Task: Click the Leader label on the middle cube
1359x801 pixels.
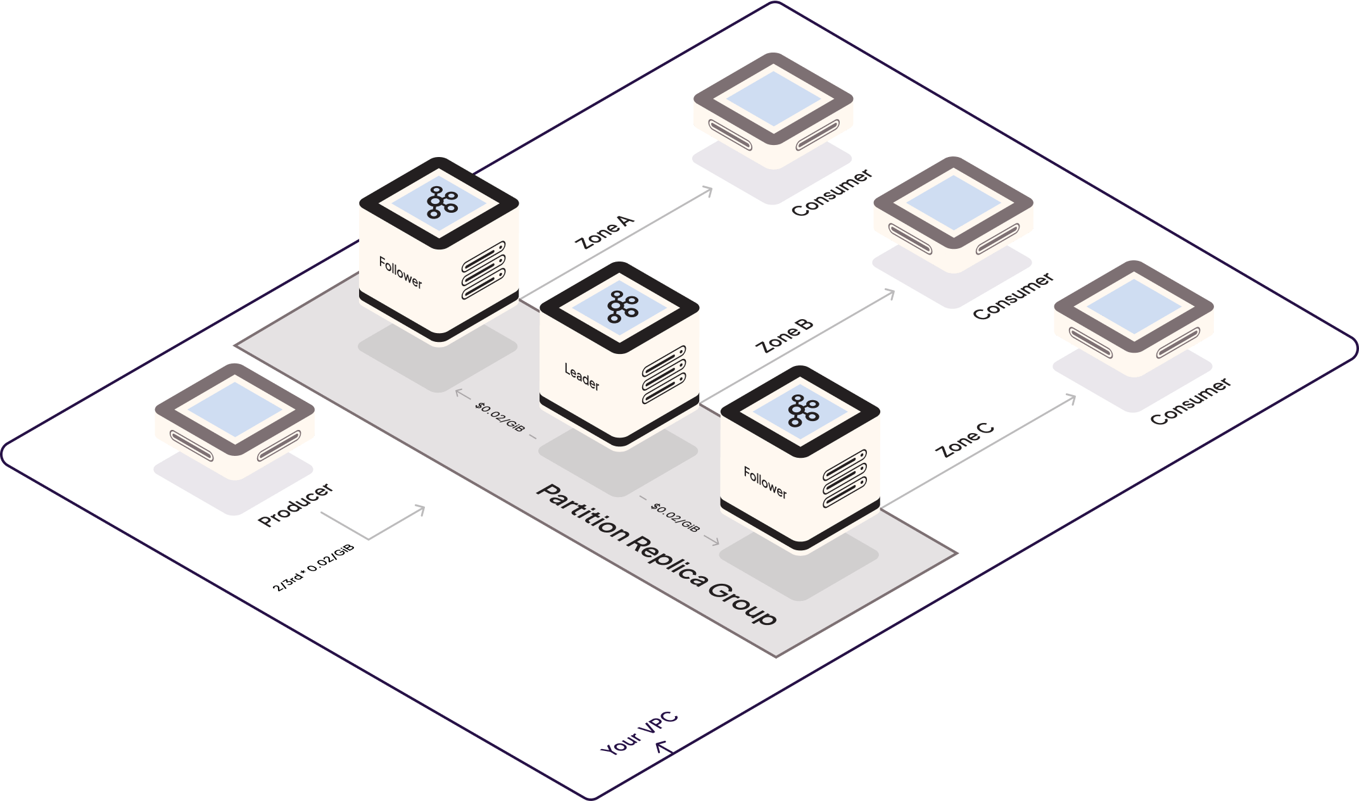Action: pyautogui.click(x=581, y=377)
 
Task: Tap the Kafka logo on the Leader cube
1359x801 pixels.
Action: pyautogui.click(x=622, y=307)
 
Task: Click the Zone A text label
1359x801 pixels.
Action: pyautogui.click(x=604, y=232)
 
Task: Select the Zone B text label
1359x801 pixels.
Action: pyautogui.click(x=784, y=336)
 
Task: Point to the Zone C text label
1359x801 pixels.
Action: pyautogui.click(x=965, y=440)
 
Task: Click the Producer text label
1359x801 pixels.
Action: pyautogui.click(x=295, y=505)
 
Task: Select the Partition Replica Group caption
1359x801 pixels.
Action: pyautogui.click(x=655, y=554)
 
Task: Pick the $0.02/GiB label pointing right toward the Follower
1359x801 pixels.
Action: pyautogui.click(x=675, y=518)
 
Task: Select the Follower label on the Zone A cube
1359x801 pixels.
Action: pyautogui.click(x=400, y=273)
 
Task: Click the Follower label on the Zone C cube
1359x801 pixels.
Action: pyautogui.click(x=765, y=482)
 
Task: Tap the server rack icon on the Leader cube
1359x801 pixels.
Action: pyautogui.click(x=664, y=375)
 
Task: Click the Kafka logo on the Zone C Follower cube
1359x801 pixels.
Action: pyautogui.click(x=802, y=411)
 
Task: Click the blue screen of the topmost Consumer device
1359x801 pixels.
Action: pyautogui.click(x=773, y=98)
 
